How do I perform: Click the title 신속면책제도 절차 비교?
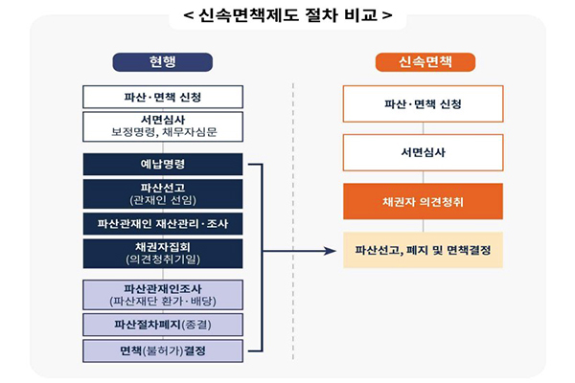coord(287,16)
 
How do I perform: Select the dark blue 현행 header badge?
coord(163,62)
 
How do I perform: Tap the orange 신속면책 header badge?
coord(424,62)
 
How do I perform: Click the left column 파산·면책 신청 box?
coord(163,97)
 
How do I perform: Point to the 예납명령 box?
coord(163,165)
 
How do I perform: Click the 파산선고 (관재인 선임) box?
coord(163,193)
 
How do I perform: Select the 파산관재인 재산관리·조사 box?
coord(163,224)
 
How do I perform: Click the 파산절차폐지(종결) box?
coord(163,325)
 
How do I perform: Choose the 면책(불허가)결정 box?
coord(163,351)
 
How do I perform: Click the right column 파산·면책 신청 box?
coord(423,102)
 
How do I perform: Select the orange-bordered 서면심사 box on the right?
coord(423,152)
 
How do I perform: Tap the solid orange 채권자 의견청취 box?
coord(423,201)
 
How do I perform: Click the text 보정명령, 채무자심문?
coord(163,132)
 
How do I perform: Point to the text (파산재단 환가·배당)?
coord(163,301)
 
